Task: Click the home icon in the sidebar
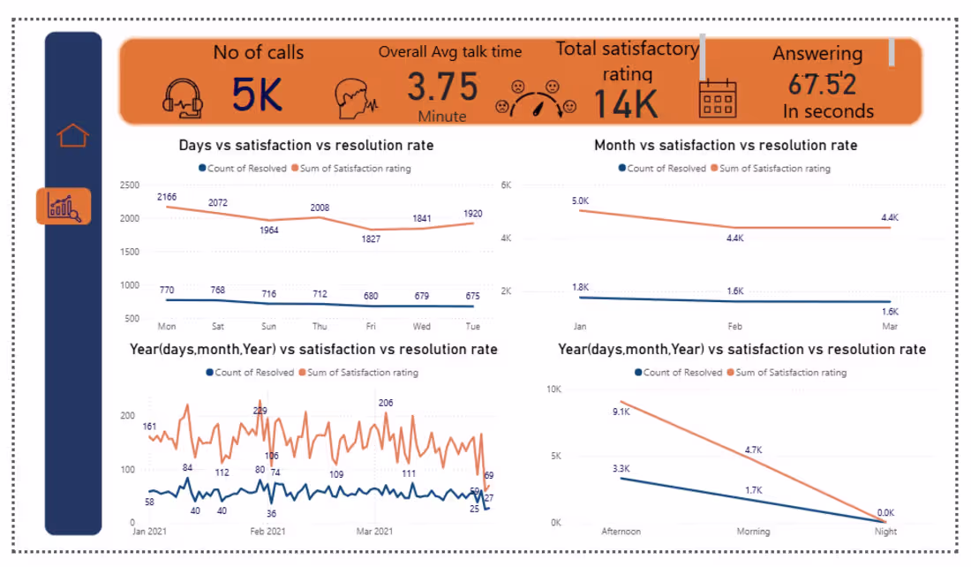click(72, 136)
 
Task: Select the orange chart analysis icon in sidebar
click(64, 207)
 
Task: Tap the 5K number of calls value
click(257, 94)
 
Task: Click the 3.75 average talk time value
click(442, 87)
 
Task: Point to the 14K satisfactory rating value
click(625, 103)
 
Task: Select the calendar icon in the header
click(717, 98)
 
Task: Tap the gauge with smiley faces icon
click(536, 98)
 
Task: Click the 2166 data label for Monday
click(169, 196)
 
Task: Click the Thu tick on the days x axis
click(319, 326)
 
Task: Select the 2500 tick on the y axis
click(129, 185)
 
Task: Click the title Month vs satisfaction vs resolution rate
click(726, 145)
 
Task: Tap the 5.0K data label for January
click(581, 201)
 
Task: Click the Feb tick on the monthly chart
click(735, 326)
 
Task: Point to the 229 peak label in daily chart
click(260, 411)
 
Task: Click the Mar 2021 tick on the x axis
click(374, 532)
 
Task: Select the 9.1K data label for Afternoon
click(622, 412)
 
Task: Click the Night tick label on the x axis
click(884, 532)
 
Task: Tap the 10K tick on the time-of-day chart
click(553, 389)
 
